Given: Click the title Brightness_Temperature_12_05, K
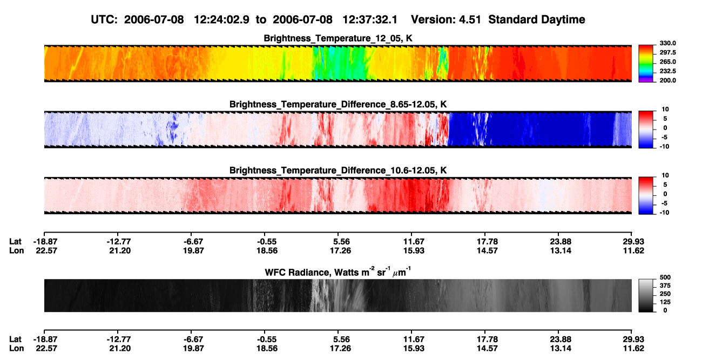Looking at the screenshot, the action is coord(338,38).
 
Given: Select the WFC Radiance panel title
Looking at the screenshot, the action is coord(338,271).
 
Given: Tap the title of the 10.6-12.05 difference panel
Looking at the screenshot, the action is coord(338,171).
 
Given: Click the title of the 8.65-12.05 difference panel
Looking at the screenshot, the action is coord(338,104).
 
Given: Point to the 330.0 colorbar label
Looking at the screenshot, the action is coord(667,43).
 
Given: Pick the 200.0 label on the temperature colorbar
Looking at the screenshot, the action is coord(667,80).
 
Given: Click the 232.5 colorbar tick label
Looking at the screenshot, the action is coord(667,71).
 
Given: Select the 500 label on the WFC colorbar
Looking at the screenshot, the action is coord(665,277).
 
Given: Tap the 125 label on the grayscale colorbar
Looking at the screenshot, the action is coord(665,302).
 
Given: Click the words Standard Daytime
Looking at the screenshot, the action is coord(537,19).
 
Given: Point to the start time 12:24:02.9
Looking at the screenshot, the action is coord(221,19).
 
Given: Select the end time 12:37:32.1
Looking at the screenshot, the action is coord(370,19).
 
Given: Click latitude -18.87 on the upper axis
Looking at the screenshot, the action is coord(45,242).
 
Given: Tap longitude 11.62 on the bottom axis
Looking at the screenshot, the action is coord(633,349).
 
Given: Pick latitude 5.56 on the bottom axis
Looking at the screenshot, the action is coord(341,339).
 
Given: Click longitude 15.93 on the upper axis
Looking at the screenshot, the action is coord(414,250).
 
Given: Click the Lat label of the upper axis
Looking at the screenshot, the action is coord(15,242).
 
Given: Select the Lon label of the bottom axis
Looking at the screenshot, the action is coord(17,349).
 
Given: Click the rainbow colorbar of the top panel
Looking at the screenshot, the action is coord(646,64).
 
